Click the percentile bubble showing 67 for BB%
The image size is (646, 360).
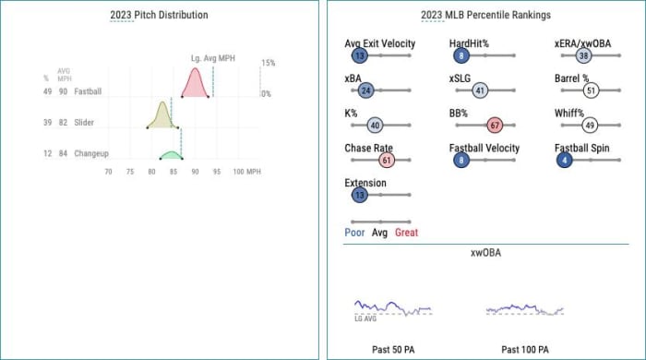click(x=494, y=125)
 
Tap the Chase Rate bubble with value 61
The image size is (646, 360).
click(x=387, y=160)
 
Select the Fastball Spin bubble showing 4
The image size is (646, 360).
click(x=564, y=160)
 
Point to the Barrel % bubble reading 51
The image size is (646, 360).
click(x=592, y=90)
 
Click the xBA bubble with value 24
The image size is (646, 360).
click(x=365, y=90)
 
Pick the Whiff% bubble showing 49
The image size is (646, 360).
click(x=590, y=125)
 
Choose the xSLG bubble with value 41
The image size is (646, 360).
click(x=480, y=90)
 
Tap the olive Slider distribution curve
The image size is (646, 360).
click(x=162, y=116)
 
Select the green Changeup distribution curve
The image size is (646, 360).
click(x=171, y=155)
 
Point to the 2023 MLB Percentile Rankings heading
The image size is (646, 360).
click(x=485, y=16)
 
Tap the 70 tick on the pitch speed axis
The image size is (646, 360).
click(x=109, y=172)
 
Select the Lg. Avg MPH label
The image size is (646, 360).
click(x=213, y=59)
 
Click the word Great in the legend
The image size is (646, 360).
click(x=407, y=233)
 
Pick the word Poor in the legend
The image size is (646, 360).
click(x=354, y=233)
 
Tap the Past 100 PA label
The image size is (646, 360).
click(x=525, y=350)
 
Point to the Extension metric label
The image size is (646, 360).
click(x=365, y=183)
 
